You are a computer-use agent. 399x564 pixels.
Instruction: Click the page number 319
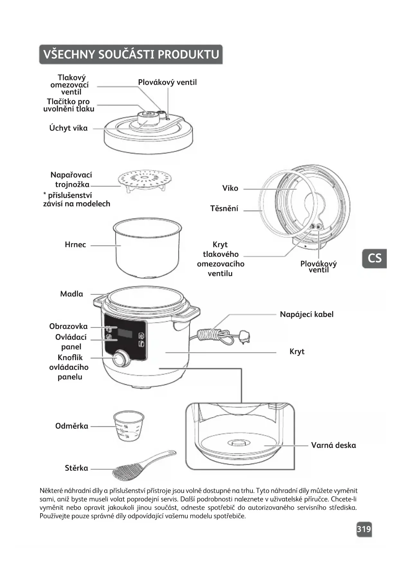364,529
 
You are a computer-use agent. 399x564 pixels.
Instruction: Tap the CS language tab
374,258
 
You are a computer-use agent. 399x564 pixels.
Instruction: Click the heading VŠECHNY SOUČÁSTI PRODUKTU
131,54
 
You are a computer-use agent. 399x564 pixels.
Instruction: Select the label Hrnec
75,245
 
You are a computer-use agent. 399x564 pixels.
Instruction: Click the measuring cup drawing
129,425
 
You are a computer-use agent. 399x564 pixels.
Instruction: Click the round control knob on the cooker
121,359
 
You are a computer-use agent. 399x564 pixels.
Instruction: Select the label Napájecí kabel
306,314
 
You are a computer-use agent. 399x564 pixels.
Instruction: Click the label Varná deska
333,445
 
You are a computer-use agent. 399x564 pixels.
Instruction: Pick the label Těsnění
224,209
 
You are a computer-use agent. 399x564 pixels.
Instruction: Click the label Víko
230,188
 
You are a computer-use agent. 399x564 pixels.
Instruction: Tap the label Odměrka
72,426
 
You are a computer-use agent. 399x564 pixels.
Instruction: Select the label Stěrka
76,468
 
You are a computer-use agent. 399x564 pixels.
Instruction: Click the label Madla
71,294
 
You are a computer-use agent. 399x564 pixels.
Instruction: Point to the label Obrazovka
68,326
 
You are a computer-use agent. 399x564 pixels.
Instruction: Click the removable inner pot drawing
147,248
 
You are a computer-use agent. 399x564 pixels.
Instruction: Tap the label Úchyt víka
68,128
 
